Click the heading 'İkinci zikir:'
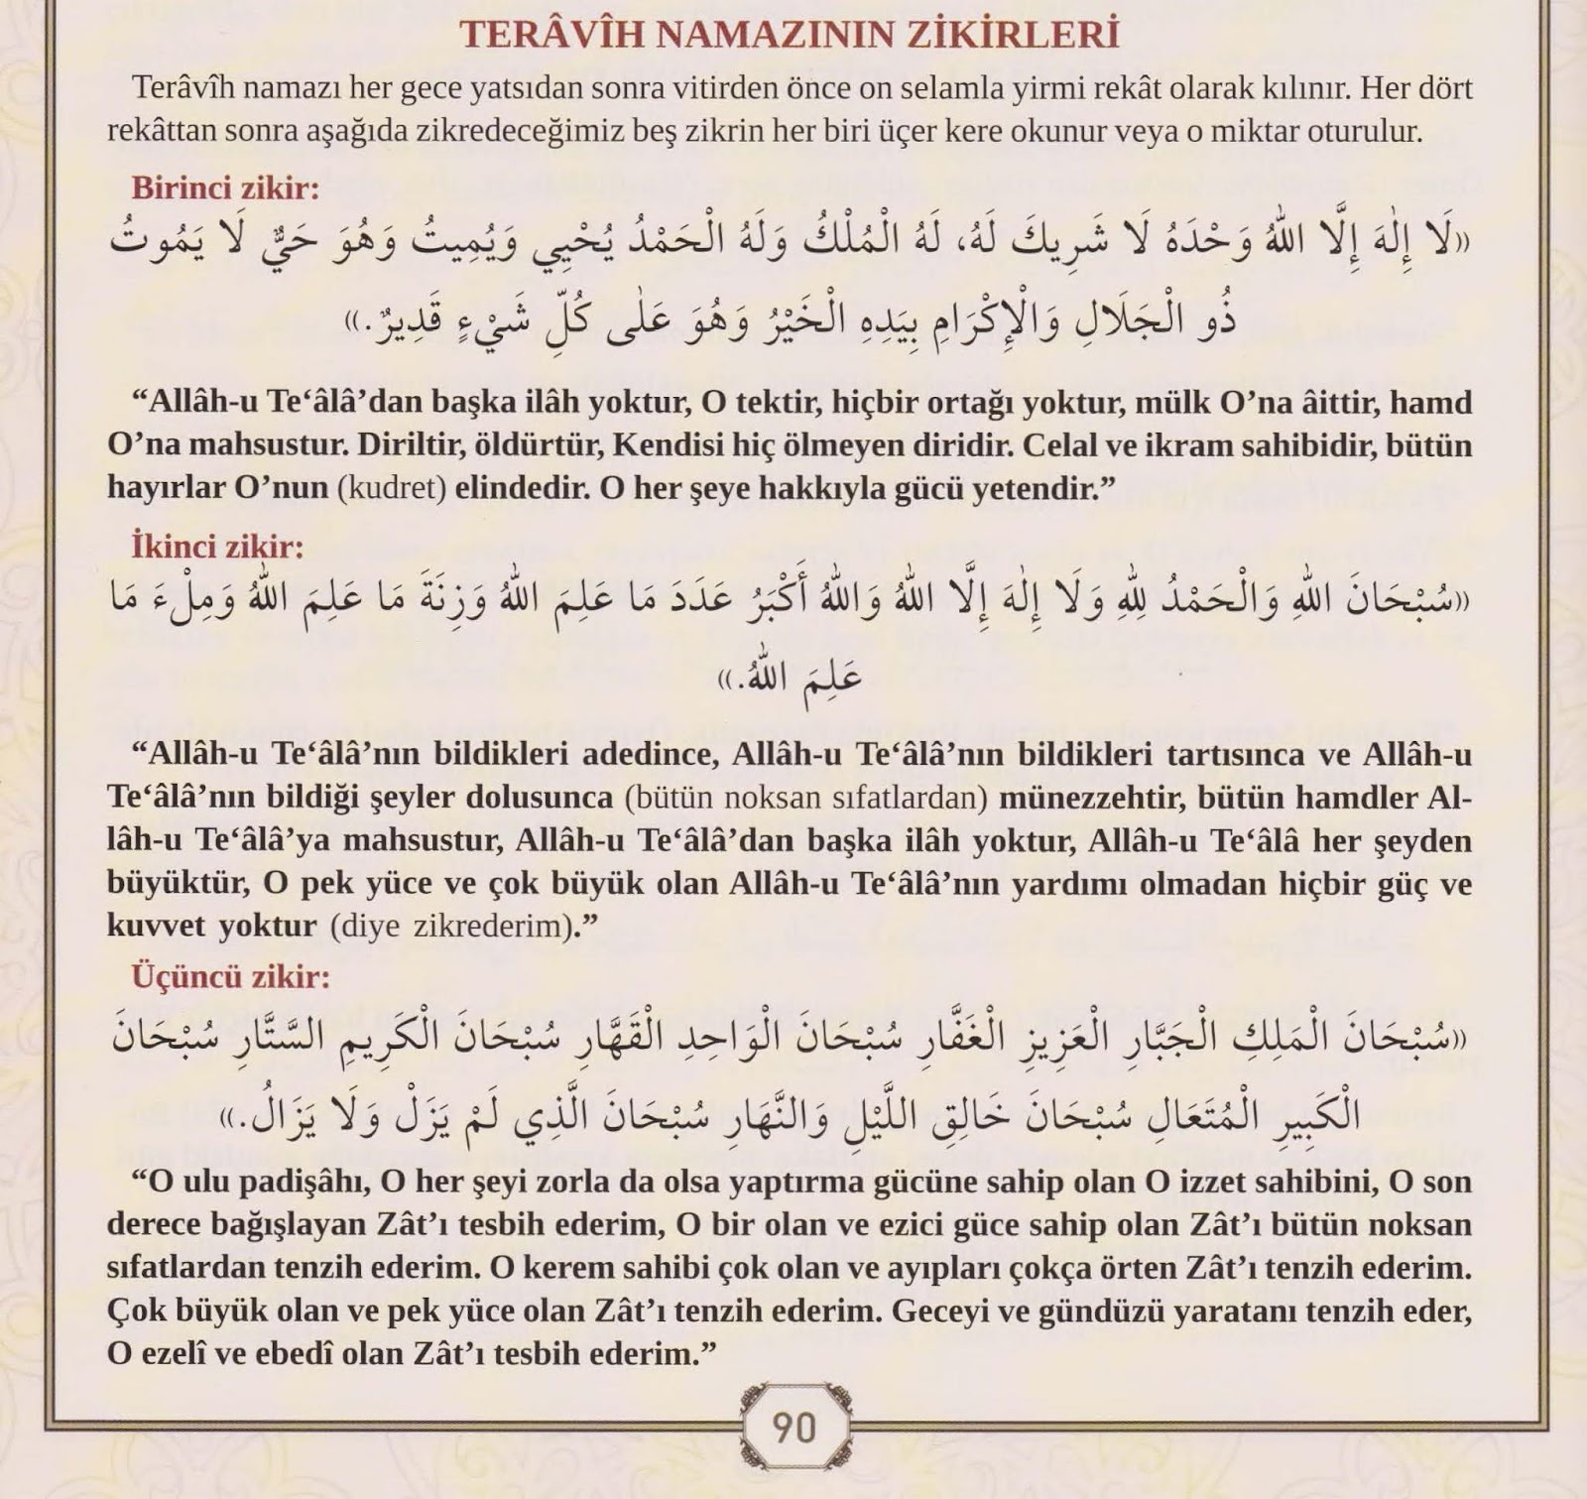[x=218, y=547]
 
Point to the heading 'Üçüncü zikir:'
[x=231, y=977]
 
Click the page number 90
[x=793, y=1428]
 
